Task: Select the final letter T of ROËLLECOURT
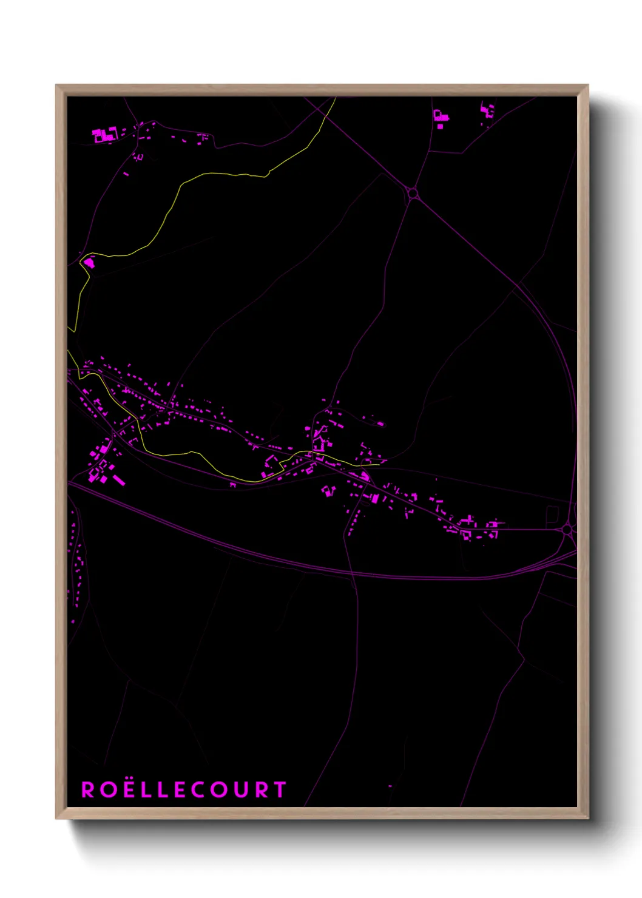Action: (x=280, y=789)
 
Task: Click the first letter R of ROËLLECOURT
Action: (x=88, y=789)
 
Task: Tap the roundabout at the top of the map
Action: (x=413, y=194)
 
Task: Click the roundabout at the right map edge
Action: (x=567, y=530)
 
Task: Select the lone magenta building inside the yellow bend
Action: (x=89, y=263)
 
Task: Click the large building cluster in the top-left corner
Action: (x=104, y=135)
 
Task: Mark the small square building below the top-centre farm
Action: (x=440, y=126)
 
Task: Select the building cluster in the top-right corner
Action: (x=488, y=110)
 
